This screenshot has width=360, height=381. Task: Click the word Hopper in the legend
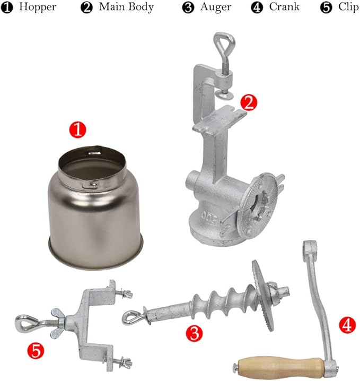tap(38, 7)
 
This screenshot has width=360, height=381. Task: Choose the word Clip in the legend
tap(348, 7)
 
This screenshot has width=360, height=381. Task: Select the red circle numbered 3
tap(195, 333)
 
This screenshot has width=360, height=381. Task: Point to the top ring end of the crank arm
tap(309, 249)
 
